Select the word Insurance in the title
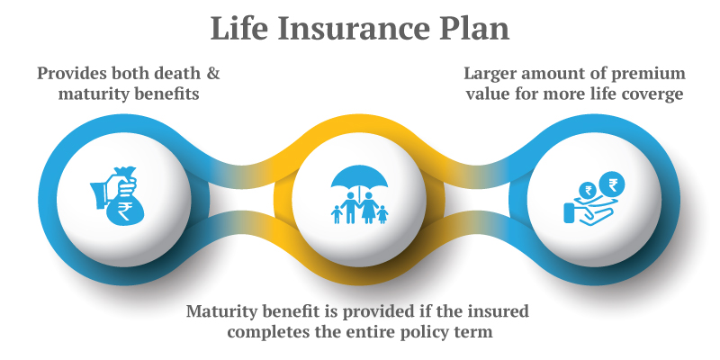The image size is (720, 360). pyautogui.click(x=354, y=28)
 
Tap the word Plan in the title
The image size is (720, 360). pyautogui.click(x=474, y=28)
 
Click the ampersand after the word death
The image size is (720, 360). pyautogui.click(x=213, y=74)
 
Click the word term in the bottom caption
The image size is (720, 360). pyautogui.click(x=474, y=332)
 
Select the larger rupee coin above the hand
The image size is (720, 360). pyautogui.click(x=612, y=184)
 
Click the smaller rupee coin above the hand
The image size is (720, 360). pyautogui.click(x=589, y=190)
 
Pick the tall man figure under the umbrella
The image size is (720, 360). pyautogui.click(x=350, y=207)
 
